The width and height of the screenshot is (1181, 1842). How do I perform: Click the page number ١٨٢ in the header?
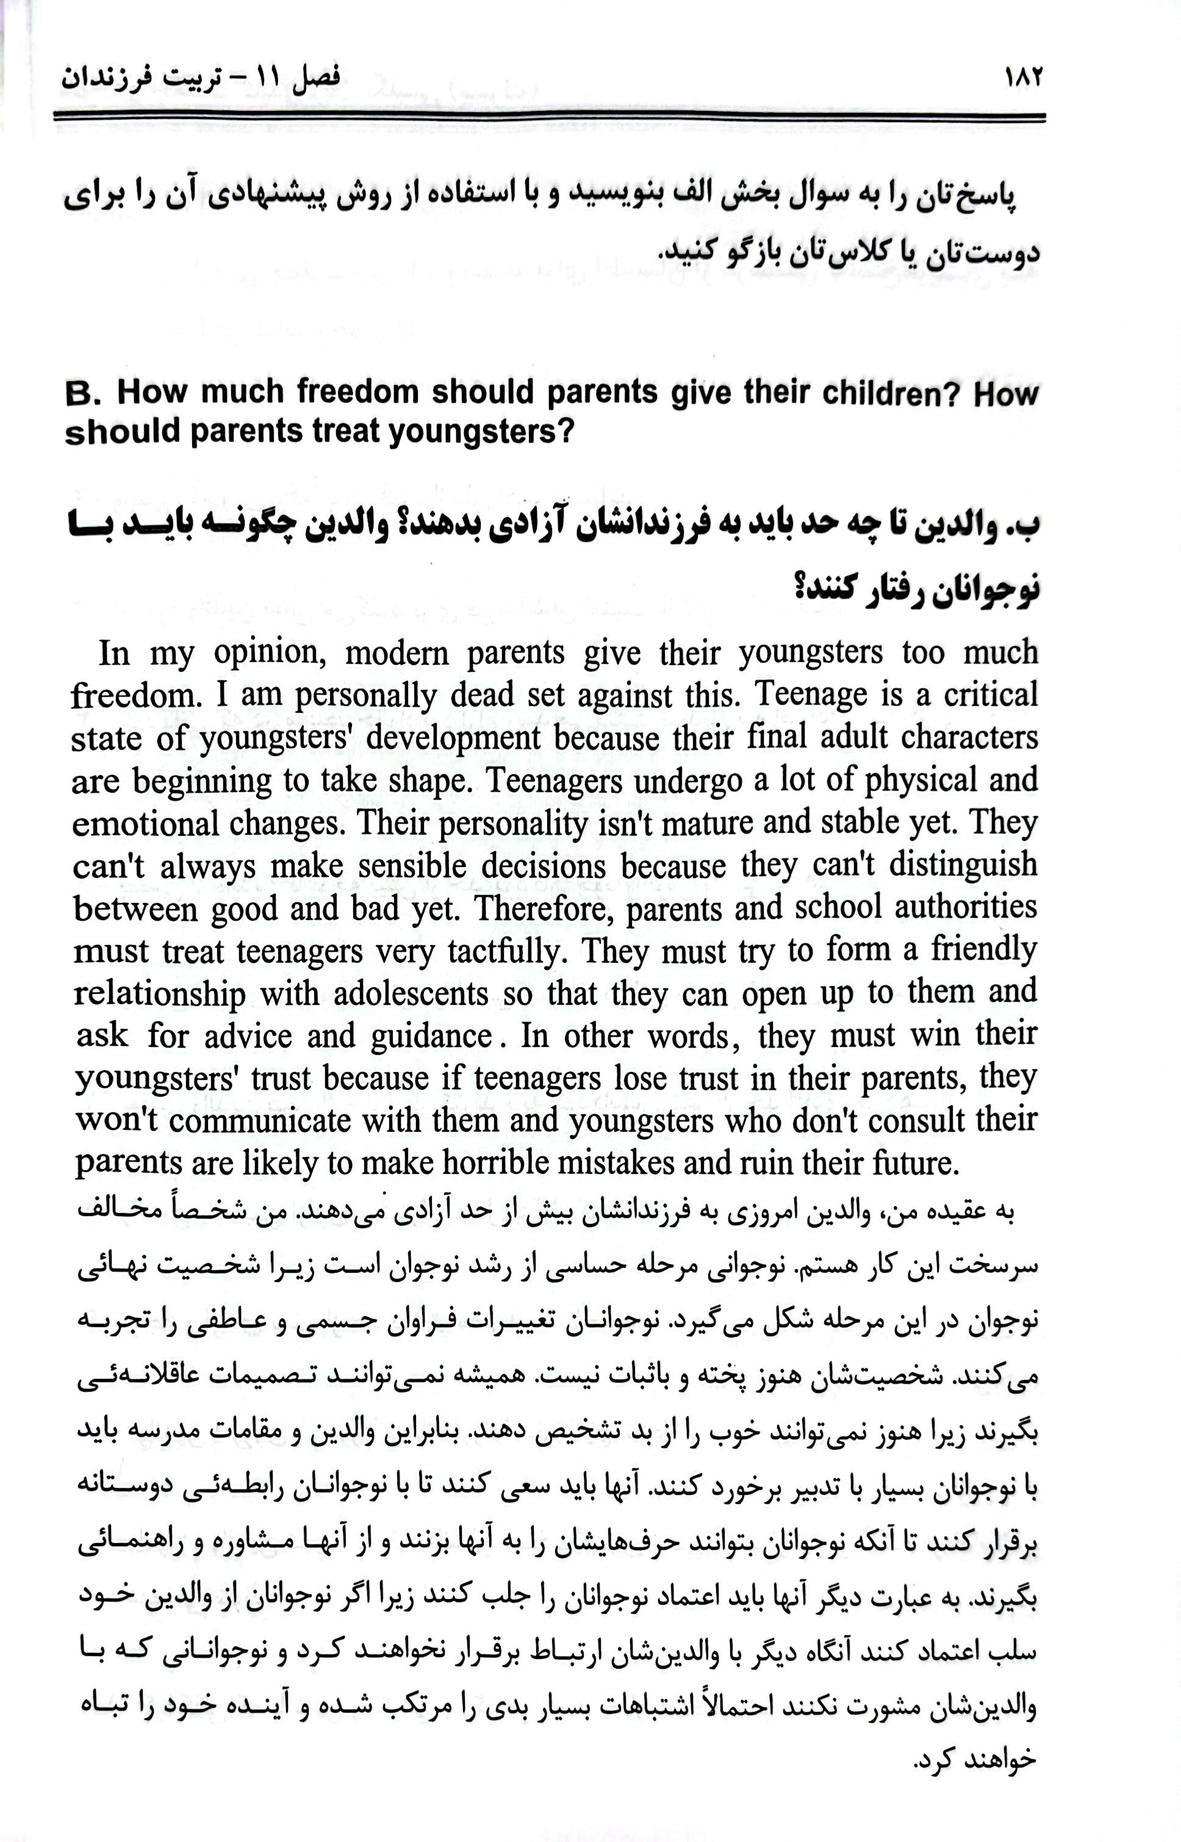(1022, 77)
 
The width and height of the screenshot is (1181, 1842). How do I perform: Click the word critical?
(990, 695)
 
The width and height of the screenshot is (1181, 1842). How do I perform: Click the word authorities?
(964, 907)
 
